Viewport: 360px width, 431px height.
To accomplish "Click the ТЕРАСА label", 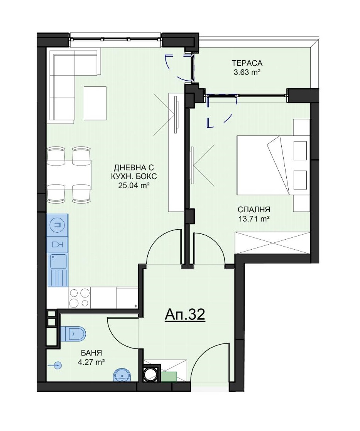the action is pyautogui.click(x=247, y=63).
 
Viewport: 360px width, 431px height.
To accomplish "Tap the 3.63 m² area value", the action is pyautogui.click(x=247, y=73).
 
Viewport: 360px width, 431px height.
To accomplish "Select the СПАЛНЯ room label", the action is pyautogui.click(x=254, y=210).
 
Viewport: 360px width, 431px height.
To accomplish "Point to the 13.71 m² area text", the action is pyautogui.click(x=254, y=219).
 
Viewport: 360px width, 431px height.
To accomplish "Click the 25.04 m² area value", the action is pyautogui.click(x=134, y=186).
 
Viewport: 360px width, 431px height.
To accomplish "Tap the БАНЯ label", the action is pyautogui.click(x=91, y=353).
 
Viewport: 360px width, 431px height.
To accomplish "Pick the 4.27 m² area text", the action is pyautogui.click(x=91, y=362).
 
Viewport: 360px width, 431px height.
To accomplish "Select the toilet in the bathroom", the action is pyautogui.click(x=73, y=334).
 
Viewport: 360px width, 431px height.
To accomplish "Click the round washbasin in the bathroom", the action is pyautogui.click(x=121, y=375).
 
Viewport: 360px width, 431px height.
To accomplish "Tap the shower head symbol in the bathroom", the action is pyautogui.click(x=55, y=365).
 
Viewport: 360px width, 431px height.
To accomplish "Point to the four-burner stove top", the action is pyautogui.click(x=79, y=298).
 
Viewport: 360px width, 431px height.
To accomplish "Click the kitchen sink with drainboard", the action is pyautogui.click(x=58, y=270).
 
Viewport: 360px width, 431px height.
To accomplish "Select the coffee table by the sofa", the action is pyautogui.click(x=95, y=103).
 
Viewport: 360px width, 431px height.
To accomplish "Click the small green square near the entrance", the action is pyautogui.click(x=169, y=376).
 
